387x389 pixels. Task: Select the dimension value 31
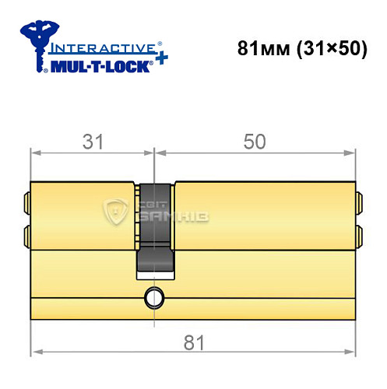point(93,142)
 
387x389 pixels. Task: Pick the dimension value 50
point(255,142)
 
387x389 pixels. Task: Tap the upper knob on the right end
point(360,204)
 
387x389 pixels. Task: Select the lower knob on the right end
point(360,235)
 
